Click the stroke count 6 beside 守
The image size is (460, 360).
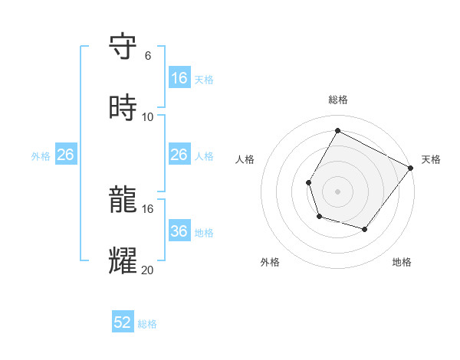coord(147,56)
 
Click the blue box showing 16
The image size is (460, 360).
coord(179,78)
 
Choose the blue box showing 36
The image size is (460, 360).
coord(179,231)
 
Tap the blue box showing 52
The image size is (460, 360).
coord(123,322)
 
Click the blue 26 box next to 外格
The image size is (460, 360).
coord(65,155)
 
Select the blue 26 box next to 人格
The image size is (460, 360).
coord(179,155)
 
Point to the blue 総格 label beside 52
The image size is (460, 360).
coord(147,324)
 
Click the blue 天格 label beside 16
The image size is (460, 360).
coord(203,80)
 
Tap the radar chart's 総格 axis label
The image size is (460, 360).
coord(337,100)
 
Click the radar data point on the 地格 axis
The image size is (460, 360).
coord(365,229)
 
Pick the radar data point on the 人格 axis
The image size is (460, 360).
coord(308,182)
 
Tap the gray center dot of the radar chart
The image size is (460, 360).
coord(337,191)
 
